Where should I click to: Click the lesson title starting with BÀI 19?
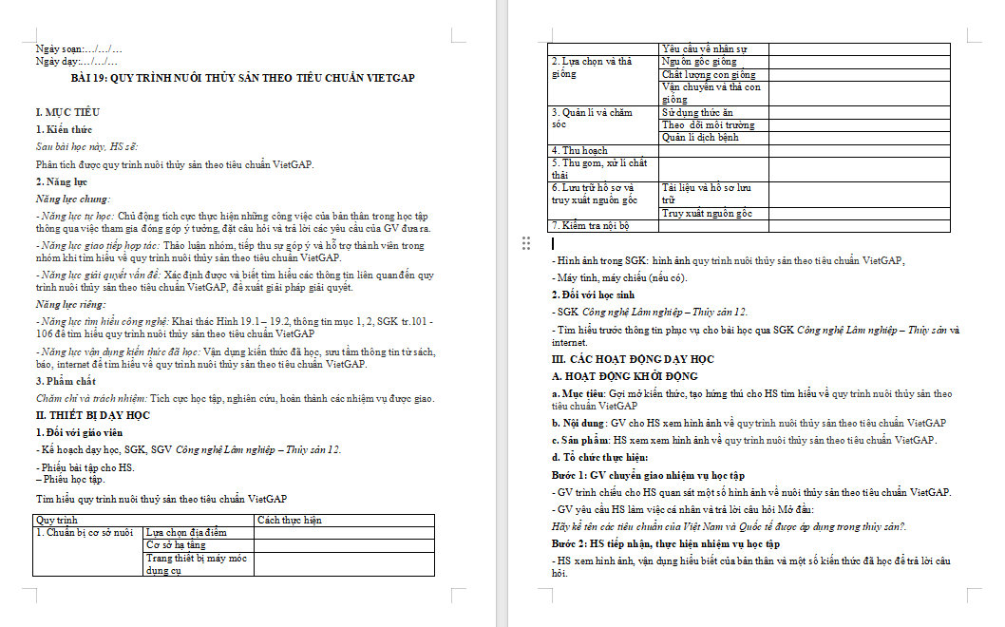point(243,78)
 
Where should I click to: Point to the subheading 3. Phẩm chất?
point(66,381)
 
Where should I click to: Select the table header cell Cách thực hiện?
point(290,520)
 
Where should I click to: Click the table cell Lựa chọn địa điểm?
point(186,532)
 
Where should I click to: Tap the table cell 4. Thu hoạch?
point(579,150)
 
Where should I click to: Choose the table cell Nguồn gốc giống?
point(699,62)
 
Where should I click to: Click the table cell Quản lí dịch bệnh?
point(700,138)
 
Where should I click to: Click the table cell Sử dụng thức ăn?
point(697,112)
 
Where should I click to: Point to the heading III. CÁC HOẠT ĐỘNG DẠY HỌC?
point(633,359)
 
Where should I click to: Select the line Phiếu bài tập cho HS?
point(85,467)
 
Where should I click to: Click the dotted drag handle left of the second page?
point(526,244)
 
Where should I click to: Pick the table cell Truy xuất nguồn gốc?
point(707,214)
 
